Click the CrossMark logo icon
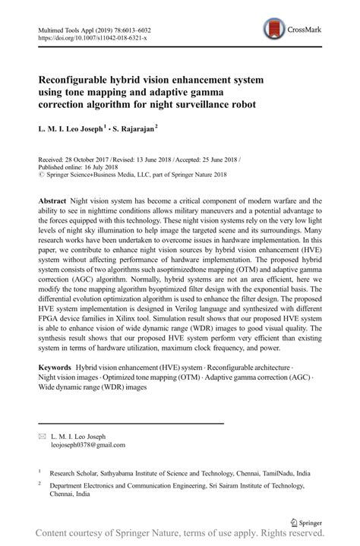pos(273,30)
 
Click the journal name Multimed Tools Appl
pos(64,27)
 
